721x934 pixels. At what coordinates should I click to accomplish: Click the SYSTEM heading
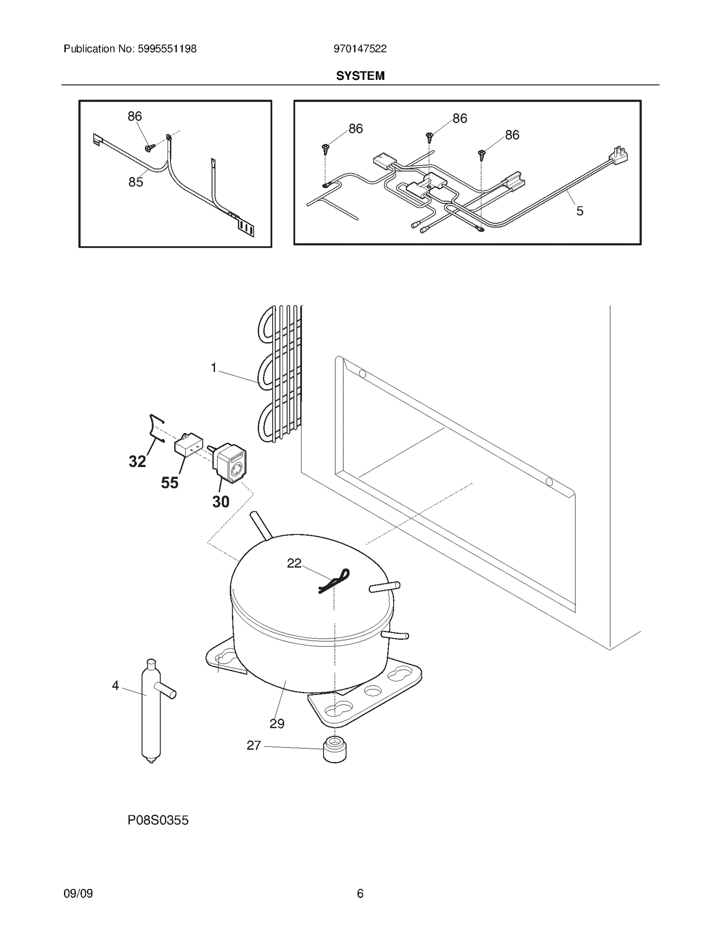[x=360, y=76]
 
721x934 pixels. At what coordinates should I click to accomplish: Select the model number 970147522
[x=360, y=49]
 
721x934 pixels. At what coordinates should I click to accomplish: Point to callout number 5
[x=580, y=211]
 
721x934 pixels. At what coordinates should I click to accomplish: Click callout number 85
[x=136, y=182]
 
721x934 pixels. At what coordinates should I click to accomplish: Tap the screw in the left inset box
[x=150, y=147]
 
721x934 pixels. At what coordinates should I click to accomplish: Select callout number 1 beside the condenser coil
[x=214, y=368]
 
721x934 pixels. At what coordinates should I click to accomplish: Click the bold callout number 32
[x=137, y=461]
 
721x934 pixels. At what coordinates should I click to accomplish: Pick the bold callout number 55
[x=170, y=483]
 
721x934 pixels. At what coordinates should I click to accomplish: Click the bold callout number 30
[x=221, y=502]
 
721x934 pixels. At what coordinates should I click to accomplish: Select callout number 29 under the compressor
[x=277, y=723]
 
